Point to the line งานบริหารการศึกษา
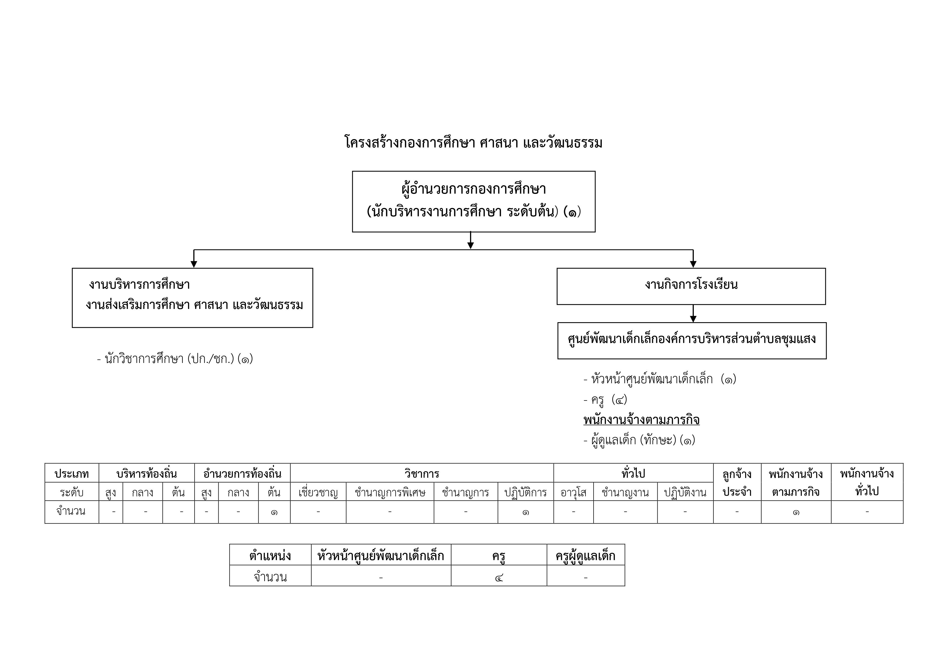140,285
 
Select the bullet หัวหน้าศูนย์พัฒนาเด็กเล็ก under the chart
660,379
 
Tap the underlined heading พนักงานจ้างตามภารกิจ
641,420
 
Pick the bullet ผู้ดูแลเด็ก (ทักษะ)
639,440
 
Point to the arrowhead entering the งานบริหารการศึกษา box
194,264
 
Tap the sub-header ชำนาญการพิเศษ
390,492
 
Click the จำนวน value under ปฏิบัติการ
526,512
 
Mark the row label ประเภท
72,473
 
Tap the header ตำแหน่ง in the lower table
270,556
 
